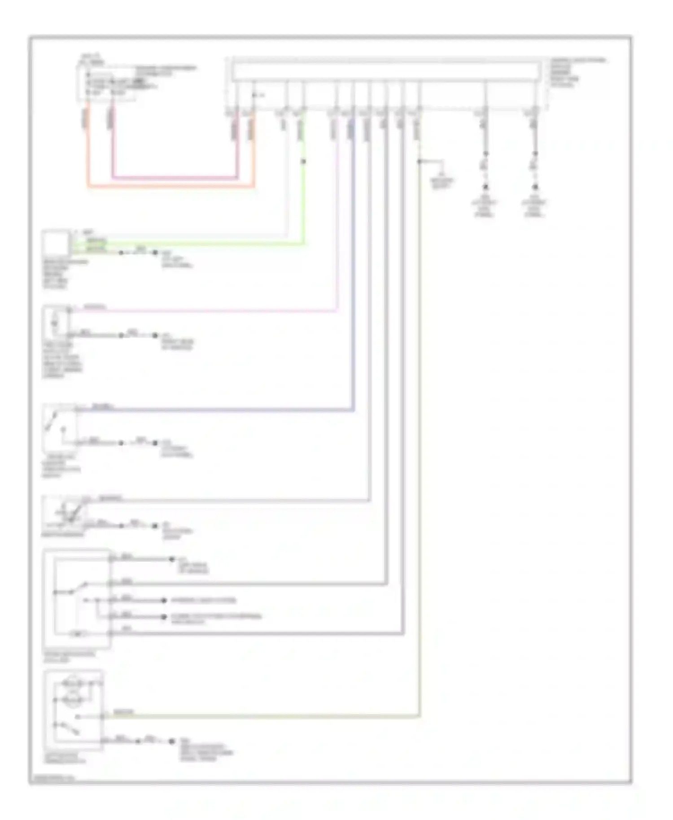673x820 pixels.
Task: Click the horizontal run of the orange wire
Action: [x=170, y=186]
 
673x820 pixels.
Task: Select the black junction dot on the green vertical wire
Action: [x=303, y=161]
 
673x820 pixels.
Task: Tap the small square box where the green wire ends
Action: [x=56, y=243]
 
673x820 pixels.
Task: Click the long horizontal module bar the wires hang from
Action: [x=386, y=72]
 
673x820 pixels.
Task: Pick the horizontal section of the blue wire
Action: [x=215, y=410]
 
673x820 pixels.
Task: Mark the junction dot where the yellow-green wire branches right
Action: [x=420, y=161]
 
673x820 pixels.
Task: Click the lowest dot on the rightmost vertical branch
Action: [x=535, y=187]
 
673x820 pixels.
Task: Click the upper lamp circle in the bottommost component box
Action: [x=73, y=684]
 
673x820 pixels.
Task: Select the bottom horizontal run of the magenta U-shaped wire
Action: [x=175, y=178]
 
